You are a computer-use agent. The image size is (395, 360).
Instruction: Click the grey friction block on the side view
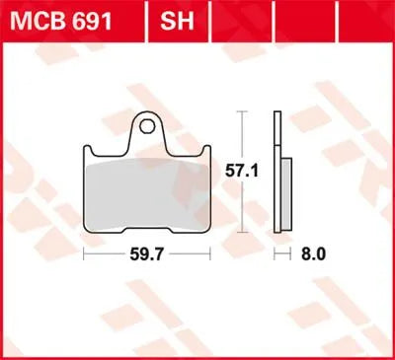[285, 197]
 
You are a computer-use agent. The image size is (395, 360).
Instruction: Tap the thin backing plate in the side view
[276, 178]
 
